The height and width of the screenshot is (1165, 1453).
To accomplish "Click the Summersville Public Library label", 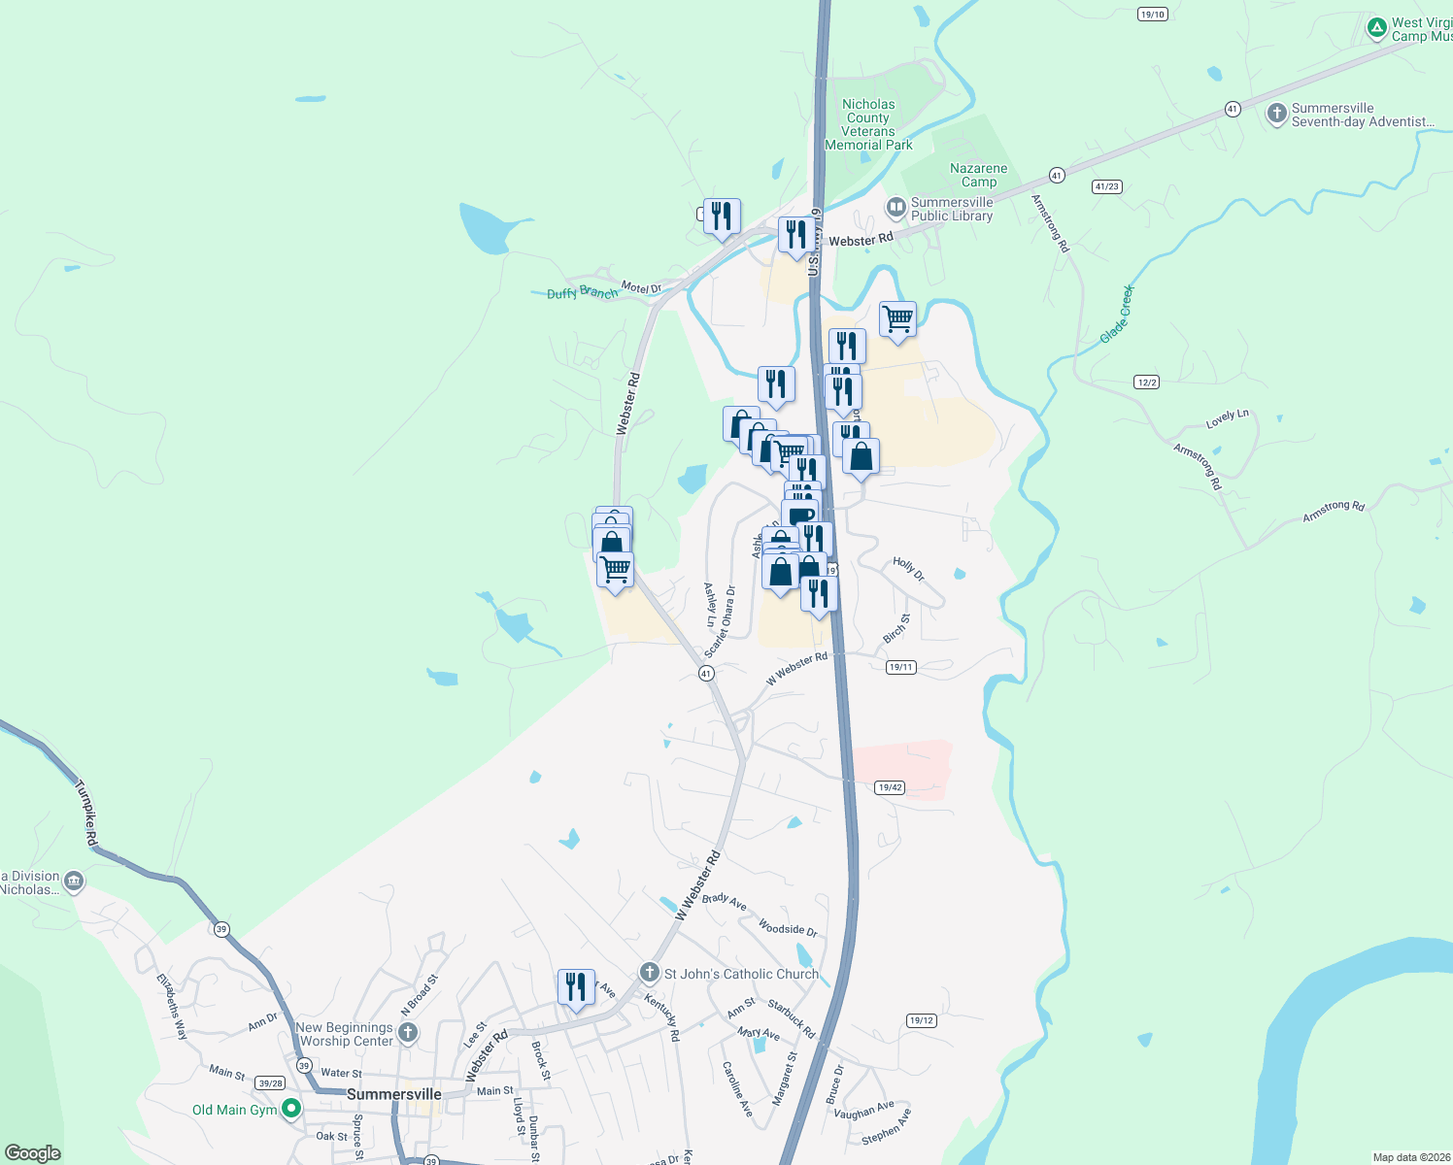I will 951,209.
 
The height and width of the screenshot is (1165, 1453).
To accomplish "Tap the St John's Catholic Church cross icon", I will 649,973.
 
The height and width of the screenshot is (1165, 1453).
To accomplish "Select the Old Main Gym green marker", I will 290,1109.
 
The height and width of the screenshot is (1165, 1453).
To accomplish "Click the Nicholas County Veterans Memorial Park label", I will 868,124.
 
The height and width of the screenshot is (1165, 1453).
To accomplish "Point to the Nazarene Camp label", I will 978,175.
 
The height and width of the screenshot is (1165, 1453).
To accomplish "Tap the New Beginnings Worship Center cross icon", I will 408,1033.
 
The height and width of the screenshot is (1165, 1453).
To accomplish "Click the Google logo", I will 33,1152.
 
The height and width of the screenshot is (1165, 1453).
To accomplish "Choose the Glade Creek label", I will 1116,314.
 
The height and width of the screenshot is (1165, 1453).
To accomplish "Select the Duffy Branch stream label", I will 582,292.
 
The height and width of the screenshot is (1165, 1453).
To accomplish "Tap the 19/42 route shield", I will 890,787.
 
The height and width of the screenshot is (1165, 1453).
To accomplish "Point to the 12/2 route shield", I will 1146,383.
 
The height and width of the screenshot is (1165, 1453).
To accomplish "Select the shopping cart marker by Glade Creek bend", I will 897,318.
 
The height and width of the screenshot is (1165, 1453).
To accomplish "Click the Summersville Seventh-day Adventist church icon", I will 1276,114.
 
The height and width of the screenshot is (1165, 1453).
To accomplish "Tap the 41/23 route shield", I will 1106,186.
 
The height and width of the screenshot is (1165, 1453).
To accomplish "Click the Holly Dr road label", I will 909,569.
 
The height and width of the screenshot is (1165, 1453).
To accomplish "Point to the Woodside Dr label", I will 788,929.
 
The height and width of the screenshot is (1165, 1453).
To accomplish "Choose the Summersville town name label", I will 394,1094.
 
